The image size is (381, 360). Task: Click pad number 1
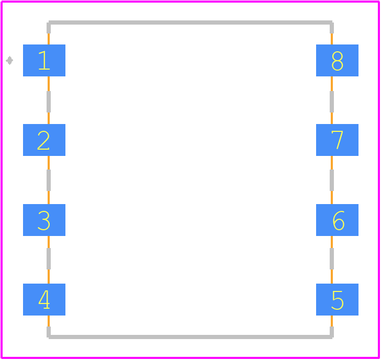click(x=44, y=60)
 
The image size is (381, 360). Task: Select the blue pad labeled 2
click(x=44, y=140)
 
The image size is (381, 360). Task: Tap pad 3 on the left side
click(x=44, y=220)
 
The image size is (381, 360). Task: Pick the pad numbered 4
click(x=44, y=299)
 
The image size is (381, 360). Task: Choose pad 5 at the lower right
click(x=337, y=299)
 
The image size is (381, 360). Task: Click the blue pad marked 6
click(x=337, y=220)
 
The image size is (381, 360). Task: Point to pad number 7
click(x=337, y=140)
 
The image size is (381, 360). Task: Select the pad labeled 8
click(x=337, y=60)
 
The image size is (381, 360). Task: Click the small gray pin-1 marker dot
click(x=9, y=61)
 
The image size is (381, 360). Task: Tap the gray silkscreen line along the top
click(x=190, y=22)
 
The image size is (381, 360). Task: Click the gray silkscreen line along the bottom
click(x=190, y=337)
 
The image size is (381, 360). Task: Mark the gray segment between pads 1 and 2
click(x=49, y=102)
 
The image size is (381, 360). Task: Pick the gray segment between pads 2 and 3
click(x=49, y=180)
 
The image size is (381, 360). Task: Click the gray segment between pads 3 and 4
click(x=49, y=258)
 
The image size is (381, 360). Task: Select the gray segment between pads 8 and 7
click(x=332, y=102)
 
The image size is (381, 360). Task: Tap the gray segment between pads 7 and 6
click(x=332, y=180)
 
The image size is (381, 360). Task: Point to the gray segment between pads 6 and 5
click(x=332, y=258)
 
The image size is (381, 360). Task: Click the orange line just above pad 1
click(x=49, y=39)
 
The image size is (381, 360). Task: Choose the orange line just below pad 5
click(x=332, y=321)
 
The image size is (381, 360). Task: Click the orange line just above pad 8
click(x=332, y=39)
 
